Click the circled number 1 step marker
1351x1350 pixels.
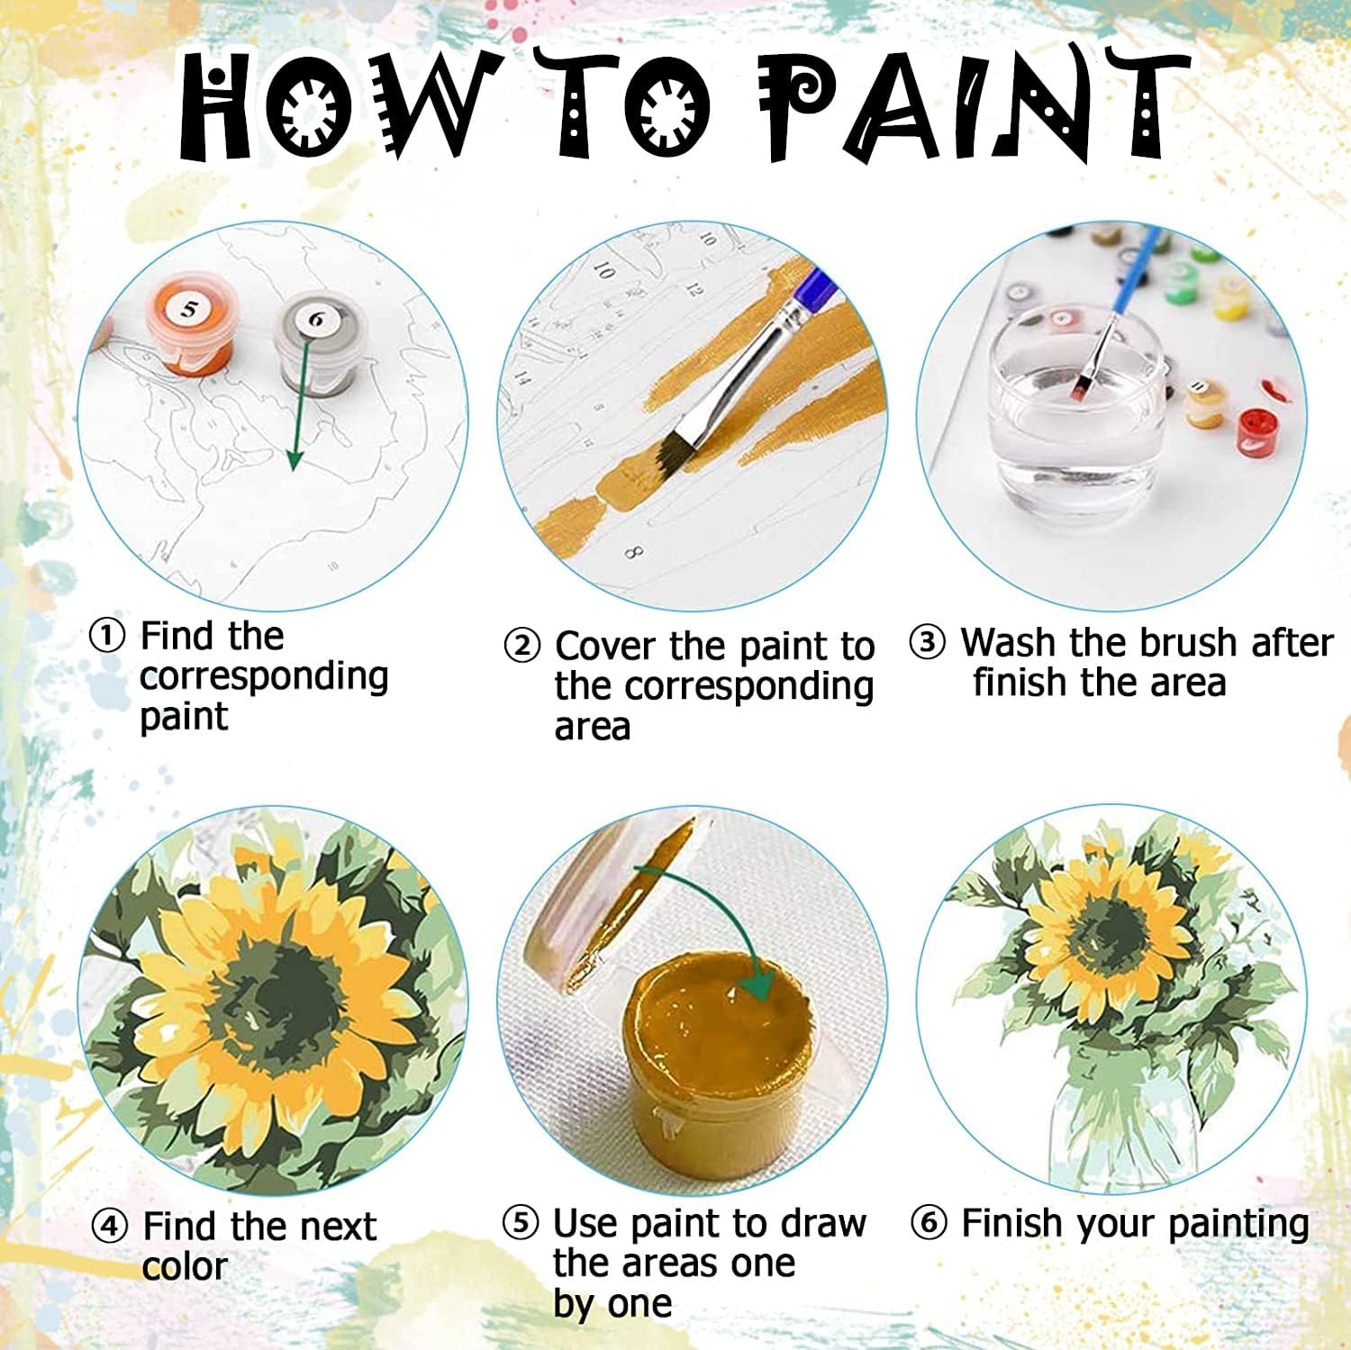click(x=108, y=637)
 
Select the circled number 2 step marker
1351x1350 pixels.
click(x=521, y=647)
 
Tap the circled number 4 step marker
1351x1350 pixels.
click(x=110, y=1226)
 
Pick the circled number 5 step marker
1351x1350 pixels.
click(x=520, y=1223)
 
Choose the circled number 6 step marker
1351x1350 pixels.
click(x=929, y=1223)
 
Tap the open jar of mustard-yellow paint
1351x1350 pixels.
click(x=720, y=1054)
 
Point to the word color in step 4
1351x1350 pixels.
click(x=185, y=1266)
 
